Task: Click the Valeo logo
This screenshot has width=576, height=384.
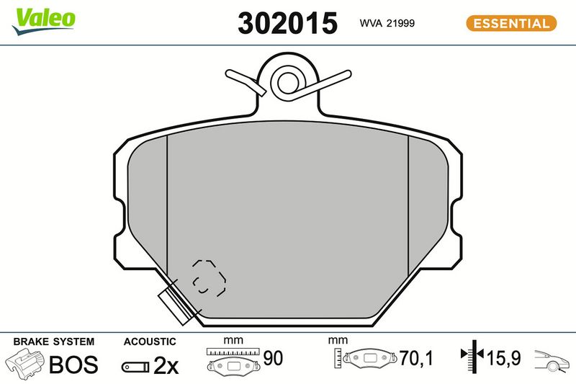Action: point(43,21)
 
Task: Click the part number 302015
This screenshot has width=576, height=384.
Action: point(287,23)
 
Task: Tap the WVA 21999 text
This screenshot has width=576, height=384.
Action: point(387,23)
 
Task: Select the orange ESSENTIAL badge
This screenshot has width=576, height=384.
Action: point(511,23)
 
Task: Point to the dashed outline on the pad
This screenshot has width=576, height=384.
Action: point(209,277)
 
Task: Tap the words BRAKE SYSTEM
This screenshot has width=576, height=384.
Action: point(53,341)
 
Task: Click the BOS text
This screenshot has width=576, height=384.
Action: point(73,365)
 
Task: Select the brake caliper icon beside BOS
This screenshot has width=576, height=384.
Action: point(25,363)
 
